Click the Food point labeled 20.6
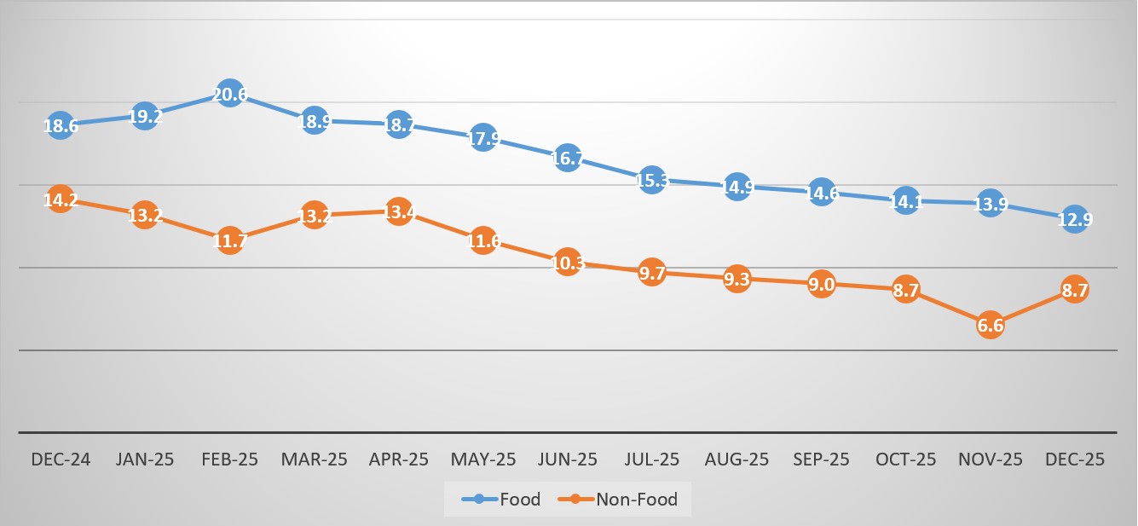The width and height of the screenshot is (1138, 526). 229,95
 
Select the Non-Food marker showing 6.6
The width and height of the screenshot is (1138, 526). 990,325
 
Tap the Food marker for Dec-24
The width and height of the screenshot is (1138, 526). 61,125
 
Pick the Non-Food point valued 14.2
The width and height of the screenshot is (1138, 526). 61,200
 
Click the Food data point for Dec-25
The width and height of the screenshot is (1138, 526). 1074,220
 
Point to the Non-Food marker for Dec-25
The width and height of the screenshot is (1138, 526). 1074,290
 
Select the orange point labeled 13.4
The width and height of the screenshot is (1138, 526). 399,212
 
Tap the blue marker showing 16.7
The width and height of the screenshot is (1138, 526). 568,158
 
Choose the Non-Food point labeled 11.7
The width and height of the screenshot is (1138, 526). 229,241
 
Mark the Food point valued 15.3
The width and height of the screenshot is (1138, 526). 652,180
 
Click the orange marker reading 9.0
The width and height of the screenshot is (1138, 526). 821,285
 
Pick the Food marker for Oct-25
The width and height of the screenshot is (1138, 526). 905,201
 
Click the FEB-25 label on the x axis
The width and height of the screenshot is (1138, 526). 229,460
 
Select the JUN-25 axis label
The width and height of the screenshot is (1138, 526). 568,460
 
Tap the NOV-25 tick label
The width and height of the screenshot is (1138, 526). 990,460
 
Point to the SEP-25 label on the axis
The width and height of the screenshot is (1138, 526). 821,460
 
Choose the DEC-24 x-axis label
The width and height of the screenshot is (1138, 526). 61,460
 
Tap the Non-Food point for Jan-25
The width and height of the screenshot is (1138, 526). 145,216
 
